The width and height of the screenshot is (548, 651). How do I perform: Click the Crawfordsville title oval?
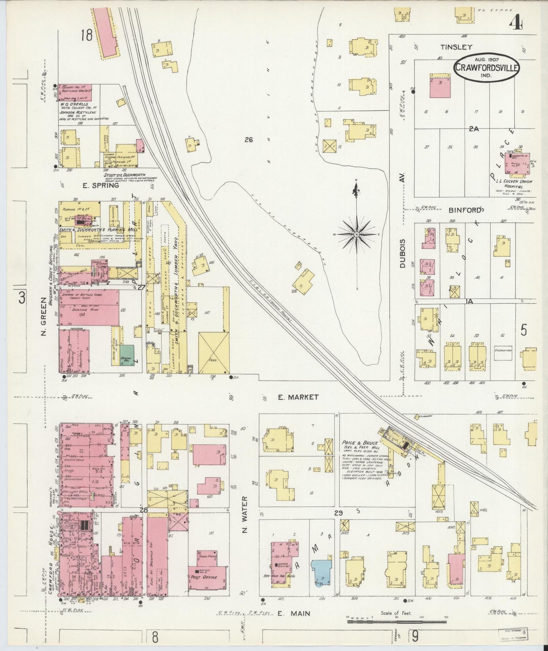coord(487,68)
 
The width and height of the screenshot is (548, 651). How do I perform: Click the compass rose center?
coord(356,235)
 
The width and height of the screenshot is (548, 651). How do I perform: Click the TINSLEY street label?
coord(456,47)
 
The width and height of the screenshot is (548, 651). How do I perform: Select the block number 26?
coord(248,140)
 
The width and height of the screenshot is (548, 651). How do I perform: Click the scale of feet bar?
coord(396,622)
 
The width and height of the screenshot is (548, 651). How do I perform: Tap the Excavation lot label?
coord(503,350)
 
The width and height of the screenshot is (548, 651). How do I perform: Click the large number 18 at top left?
coord(86,36)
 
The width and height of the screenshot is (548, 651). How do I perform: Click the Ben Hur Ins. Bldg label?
coord(279,576)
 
